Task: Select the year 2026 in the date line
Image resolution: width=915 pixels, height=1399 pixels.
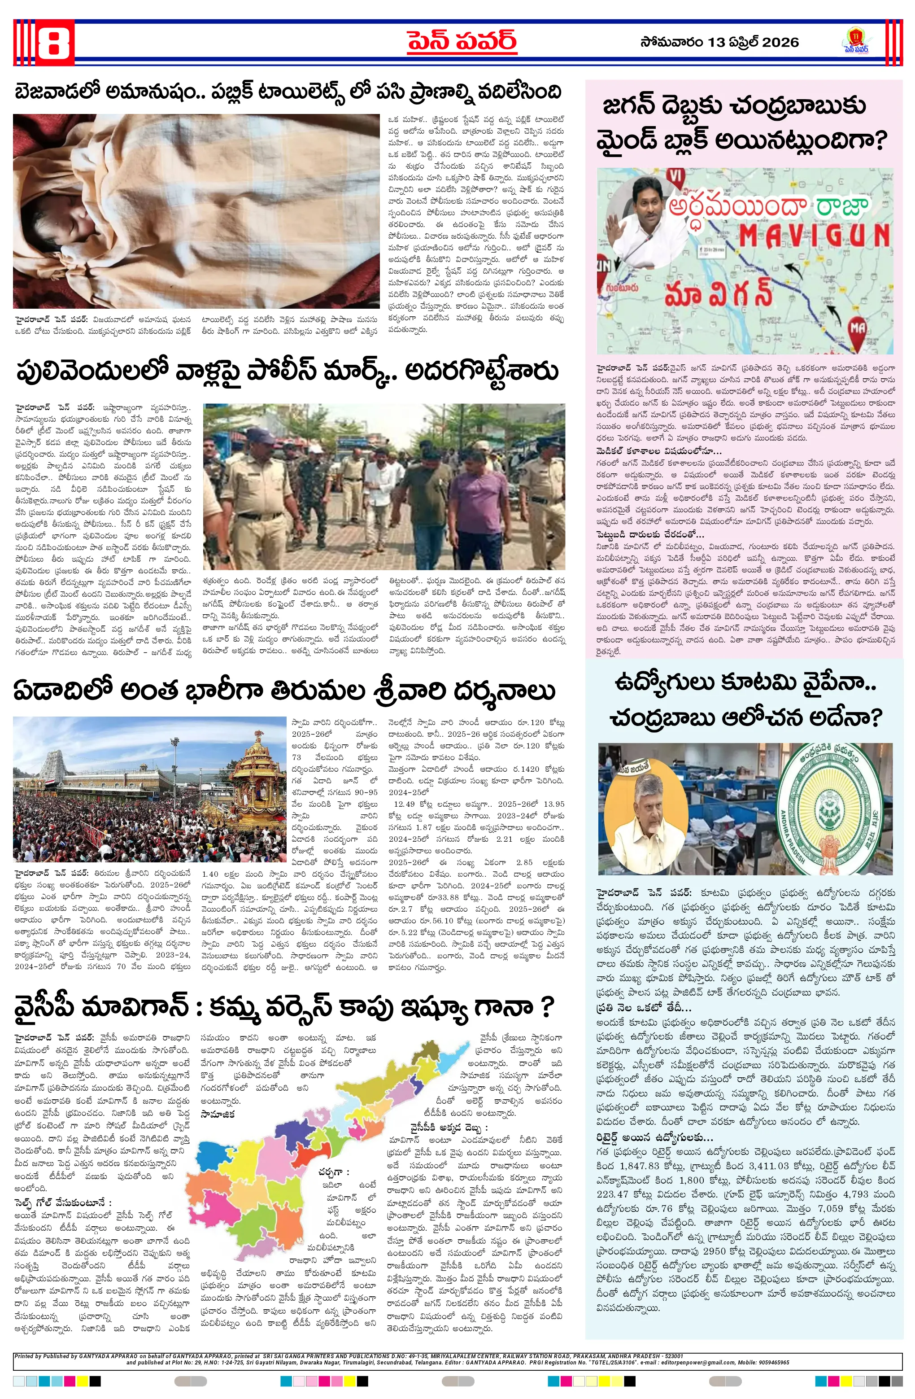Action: (x=779, y=42)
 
